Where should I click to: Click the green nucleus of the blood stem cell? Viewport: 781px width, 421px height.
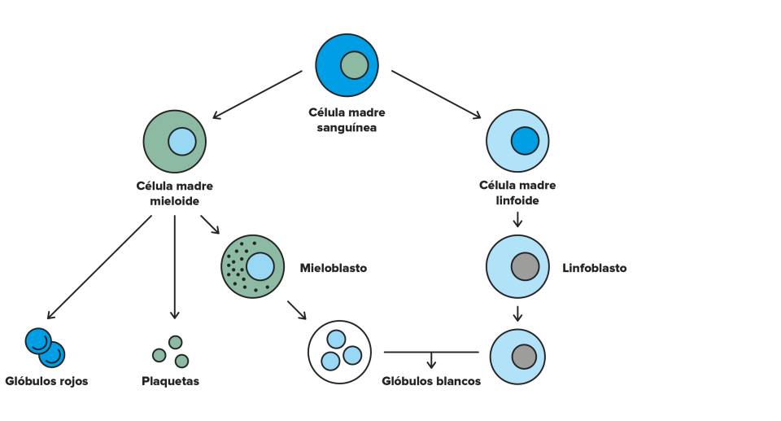pyautogui.click(x=354, y=65)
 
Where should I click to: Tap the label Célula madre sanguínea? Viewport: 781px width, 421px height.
pyautogui.click(x=347, y=120)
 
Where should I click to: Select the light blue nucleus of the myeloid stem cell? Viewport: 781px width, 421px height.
pyautogui.click(x=181, y=142)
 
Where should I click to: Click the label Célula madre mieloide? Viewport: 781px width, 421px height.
pyautogui.click(x=174, y=193)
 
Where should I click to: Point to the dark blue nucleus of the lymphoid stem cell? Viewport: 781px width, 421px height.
pyautogui.click(x=525, y=141)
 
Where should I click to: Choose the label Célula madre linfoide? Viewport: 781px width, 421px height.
pyautogui.click(x=517, y=192)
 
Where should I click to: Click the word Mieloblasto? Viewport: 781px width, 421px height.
pyautogui.click(x=334, y=268)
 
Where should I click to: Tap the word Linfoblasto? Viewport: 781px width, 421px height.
pyautogui.click(x=594, y=268)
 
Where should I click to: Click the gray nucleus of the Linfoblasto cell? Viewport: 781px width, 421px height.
pyautogui.click(x=525, y=266)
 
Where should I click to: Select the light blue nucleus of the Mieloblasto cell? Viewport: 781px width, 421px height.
pyautogui.click(x=260, y=266)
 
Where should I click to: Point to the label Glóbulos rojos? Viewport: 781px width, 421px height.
pyautogui.click(x=47, y=381)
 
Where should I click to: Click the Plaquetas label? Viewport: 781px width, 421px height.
pyautogui.click(x=170, y=381)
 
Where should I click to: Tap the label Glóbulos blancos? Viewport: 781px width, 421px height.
pyautogui.click(x=431, y=381)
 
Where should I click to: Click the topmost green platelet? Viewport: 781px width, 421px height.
pyautogui.click(x=176, y=342)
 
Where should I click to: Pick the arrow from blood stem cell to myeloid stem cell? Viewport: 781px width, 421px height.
pyautogui.click(x=258, y=94)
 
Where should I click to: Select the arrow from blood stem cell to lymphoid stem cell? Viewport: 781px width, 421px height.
pyautogui.click(x=436, y=94)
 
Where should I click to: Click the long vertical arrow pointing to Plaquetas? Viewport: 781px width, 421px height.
pyautogui.click(x=174, y=267)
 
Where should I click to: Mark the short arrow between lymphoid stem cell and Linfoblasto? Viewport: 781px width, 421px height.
pyautogui.click(x=517, y=220)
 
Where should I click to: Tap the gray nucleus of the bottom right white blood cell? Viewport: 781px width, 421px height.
pyautogui.click(x=524, y=357)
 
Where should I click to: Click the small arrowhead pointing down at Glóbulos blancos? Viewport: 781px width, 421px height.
pyautogui.click(x=431, y=364)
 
